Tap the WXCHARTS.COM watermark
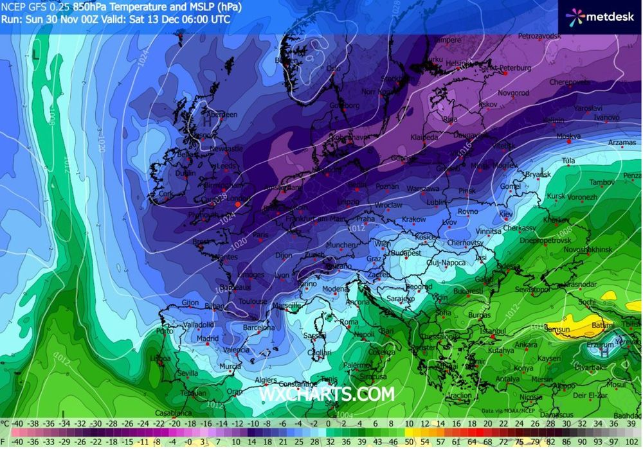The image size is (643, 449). [326, 392]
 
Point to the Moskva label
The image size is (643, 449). [568, 136]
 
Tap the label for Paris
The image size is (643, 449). [260, 235]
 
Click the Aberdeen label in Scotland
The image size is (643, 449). [222, 114]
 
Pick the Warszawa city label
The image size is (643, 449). [423, 189]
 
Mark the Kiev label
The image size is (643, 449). [507, 213]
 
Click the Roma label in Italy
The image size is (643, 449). [349, 322]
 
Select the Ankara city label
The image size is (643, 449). [525, 345]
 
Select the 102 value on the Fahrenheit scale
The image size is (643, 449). [635, 442]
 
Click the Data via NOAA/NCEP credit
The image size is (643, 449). [508, 410]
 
